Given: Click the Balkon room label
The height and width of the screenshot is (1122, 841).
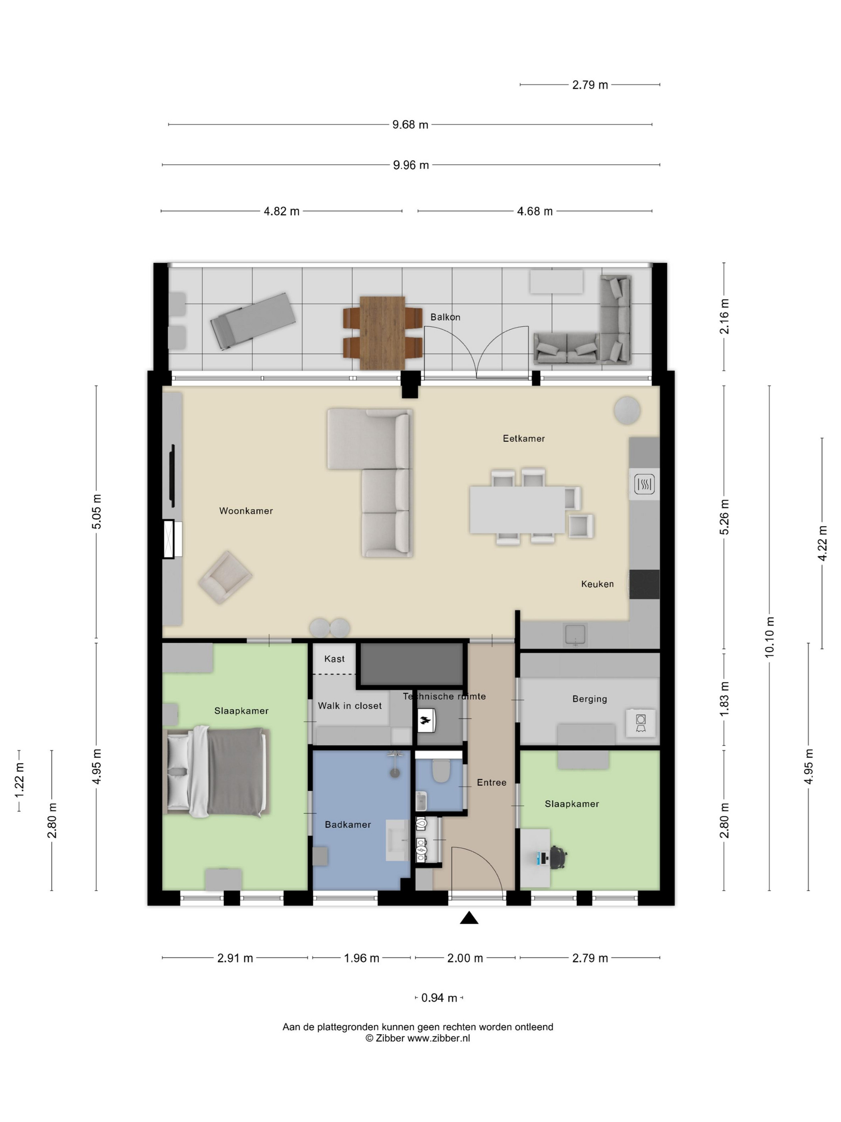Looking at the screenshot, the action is pyautogui.click(x=445, y=317).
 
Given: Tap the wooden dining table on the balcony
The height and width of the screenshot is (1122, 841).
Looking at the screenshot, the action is pyautogui.click(x=382, y=333).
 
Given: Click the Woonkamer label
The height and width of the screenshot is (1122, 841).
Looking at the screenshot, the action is pyautogui.click(x=246, y=511).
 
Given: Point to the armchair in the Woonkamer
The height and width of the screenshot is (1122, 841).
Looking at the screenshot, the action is pyautogui.click(x=225, y=577).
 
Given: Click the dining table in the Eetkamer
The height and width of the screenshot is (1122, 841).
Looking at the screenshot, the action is pyautogui.click(x=517, y=509).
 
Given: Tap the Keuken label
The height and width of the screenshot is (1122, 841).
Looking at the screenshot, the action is pyautogui.click(x=597, y=584).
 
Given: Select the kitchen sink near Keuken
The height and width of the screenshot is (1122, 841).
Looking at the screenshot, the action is pyautogui.click(x=575, y=635).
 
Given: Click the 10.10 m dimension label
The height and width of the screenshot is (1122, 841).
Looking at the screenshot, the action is pyautogui.click(x=770, y=637).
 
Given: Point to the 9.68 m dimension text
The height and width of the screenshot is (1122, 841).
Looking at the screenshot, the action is pyautogui.click(x=410, y=124).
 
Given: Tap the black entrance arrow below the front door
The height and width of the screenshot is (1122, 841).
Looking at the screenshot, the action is pyautogui.click(x=469, y=918).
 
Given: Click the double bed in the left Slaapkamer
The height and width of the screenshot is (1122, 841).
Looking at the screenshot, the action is pyautogui.click(x=216, y=771).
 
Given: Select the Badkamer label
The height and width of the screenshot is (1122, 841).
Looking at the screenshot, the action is pyautogui.click(x=348, y=824).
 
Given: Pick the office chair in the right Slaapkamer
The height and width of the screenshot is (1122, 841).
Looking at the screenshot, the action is pyautogui.click(x=557, y=857).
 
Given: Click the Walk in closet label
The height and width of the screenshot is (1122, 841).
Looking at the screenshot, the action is pyautogui.click(x=350, y=706).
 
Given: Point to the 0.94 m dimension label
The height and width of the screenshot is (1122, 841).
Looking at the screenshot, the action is pyautogui.click(x=439, y=998).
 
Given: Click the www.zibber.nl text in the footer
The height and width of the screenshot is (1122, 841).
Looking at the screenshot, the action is pyautogui.click(x=439, y=1038).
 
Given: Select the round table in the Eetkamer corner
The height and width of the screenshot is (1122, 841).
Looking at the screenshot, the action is pyautogui.click(x=627, y=410).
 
